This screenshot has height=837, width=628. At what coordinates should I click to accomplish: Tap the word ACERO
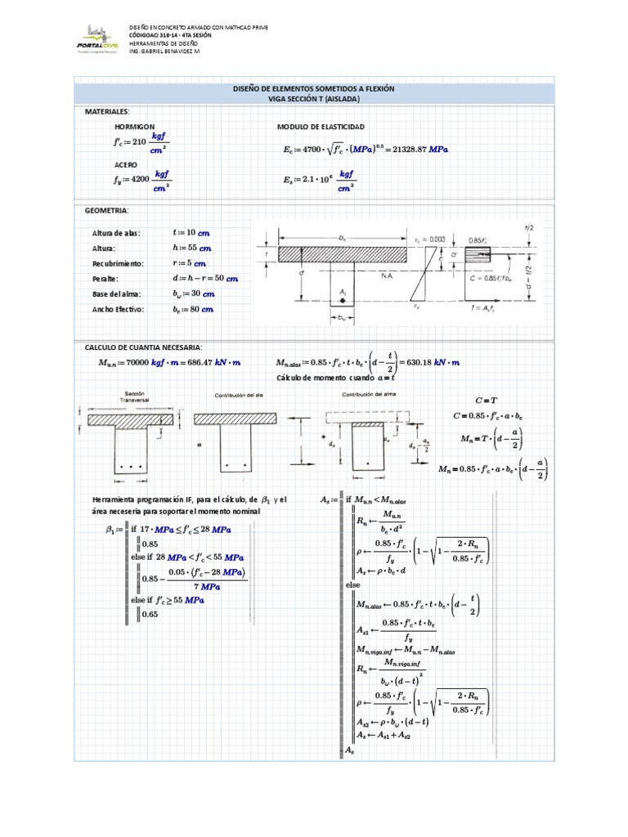click(127, 164)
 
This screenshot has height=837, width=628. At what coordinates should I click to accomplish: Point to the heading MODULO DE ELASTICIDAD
click(321, 127)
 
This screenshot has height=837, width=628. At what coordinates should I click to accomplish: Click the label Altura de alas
click(117, 233)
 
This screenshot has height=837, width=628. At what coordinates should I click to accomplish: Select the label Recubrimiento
click(119, 264)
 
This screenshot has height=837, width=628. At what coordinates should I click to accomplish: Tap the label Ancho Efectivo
click(119, 310)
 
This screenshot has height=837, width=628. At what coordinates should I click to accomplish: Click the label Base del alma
click(117, 294)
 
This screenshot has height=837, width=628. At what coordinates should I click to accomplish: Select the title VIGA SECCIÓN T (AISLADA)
click(314, 99)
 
